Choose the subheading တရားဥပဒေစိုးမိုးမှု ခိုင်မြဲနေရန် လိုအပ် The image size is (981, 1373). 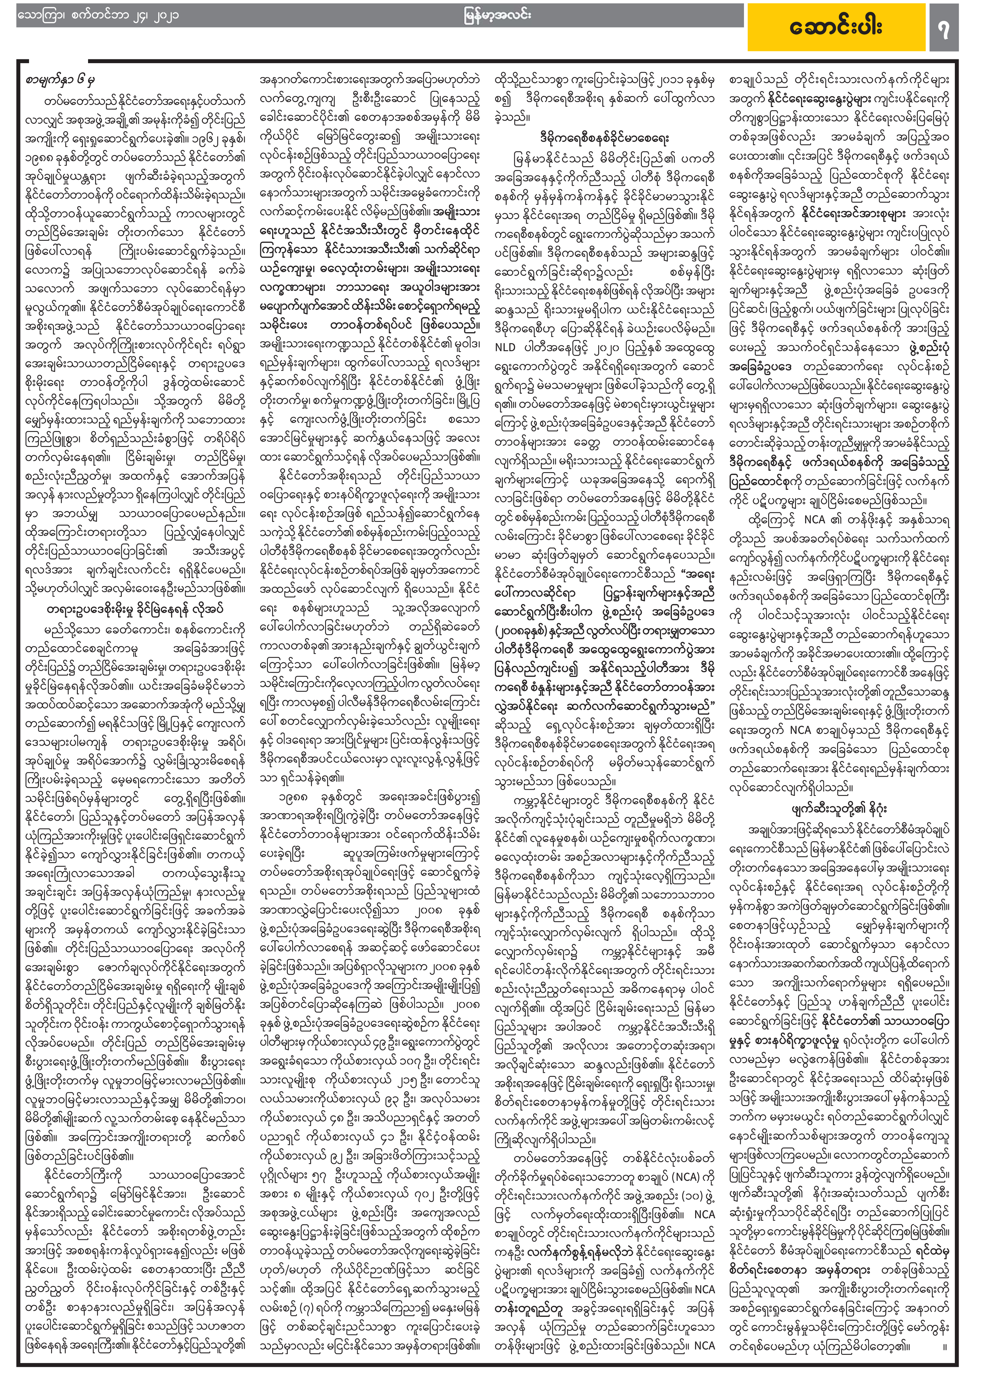[134, 609]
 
